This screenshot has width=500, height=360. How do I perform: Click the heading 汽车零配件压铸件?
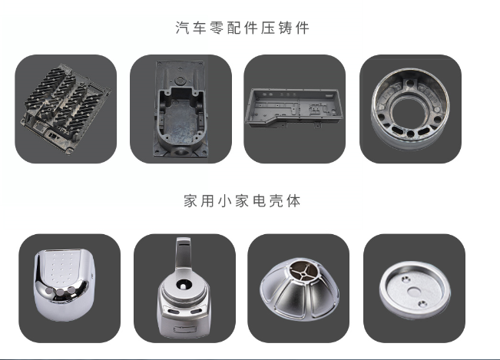click(242, 28)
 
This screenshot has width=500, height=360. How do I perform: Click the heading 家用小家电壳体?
click(242, 201)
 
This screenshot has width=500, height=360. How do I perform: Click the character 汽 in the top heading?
click(182, 28)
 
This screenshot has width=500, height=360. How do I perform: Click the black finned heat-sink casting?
click(65, 108)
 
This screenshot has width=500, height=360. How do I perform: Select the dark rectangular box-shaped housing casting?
click(180, 108)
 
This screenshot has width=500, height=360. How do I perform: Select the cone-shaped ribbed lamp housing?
click(298, 289)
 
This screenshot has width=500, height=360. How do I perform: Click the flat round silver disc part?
click(414, 289)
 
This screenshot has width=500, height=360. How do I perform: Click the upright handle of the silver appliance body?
click(184, 253)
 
